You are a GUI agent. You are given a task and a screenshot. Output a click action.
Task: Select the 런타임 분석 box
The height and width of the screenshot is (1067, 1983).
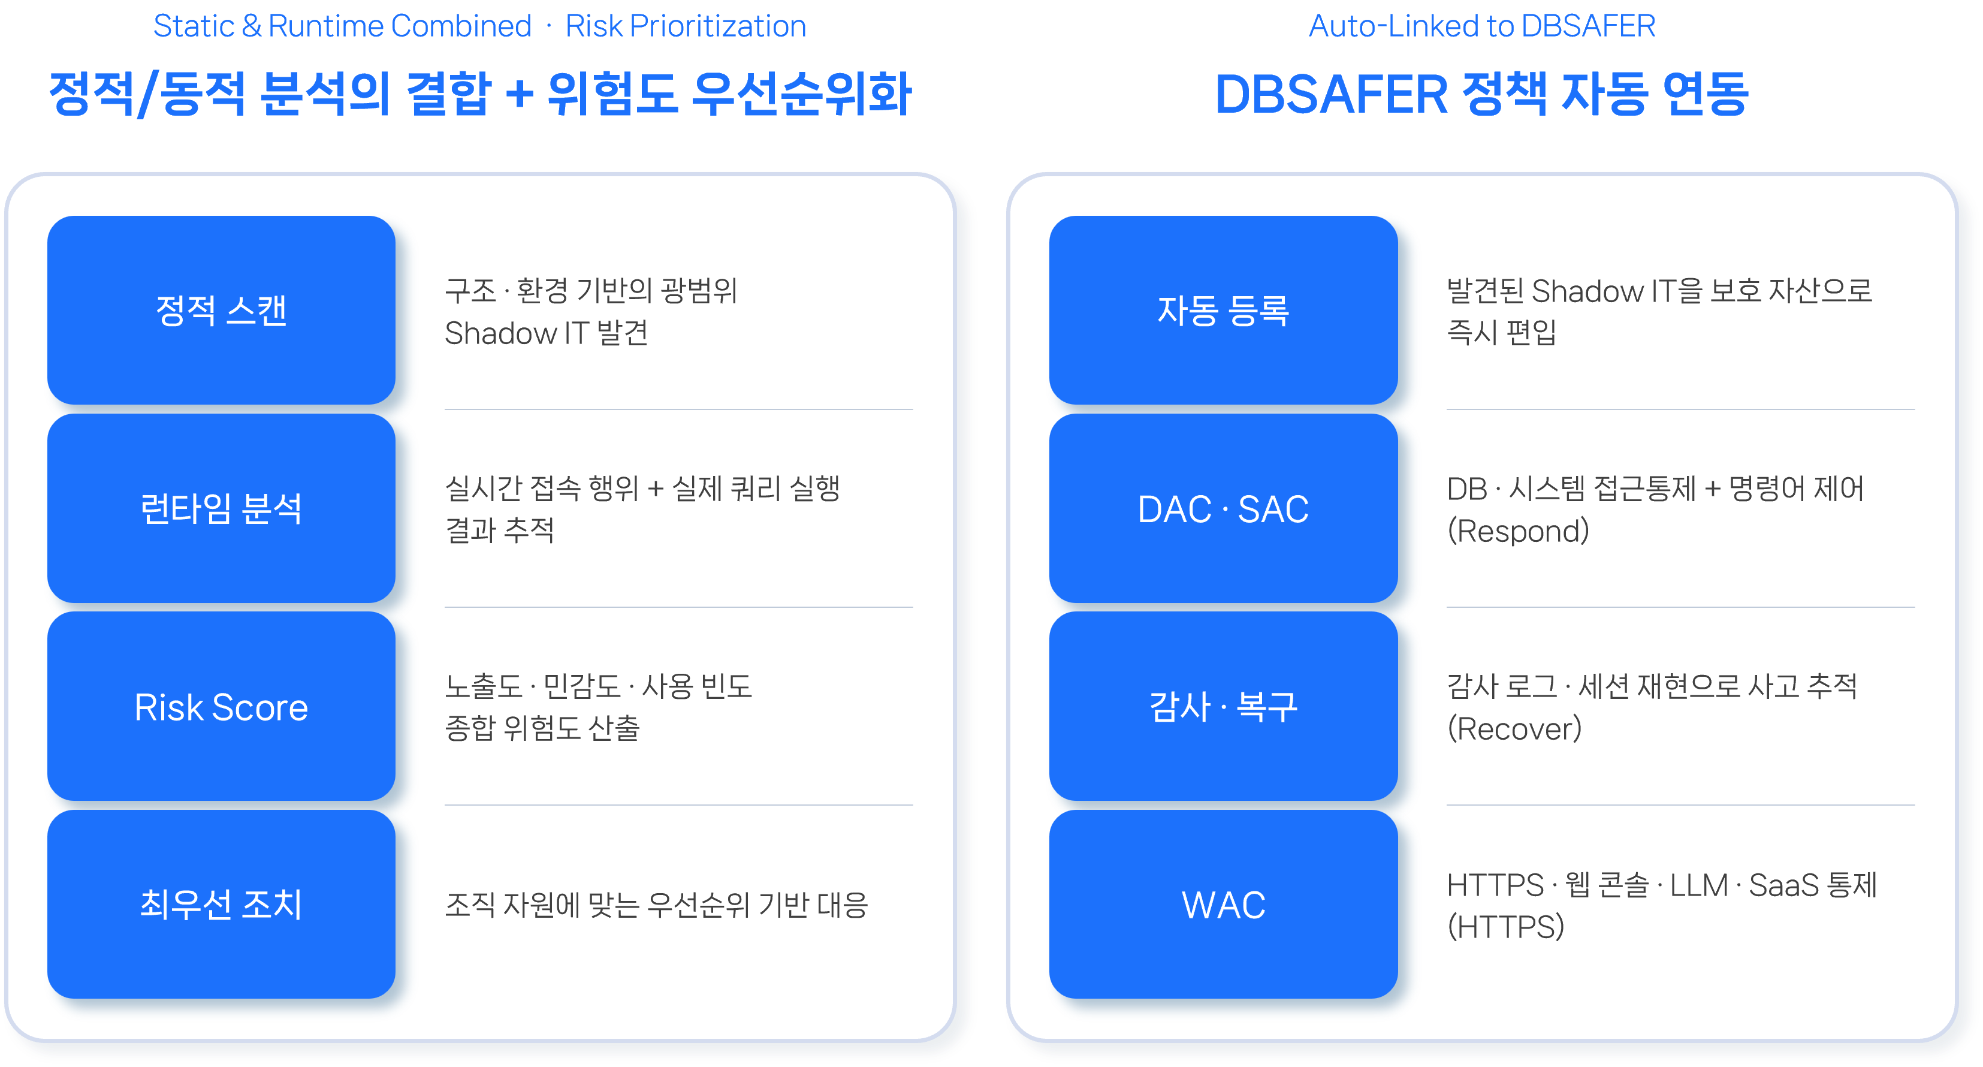tap(221, 508)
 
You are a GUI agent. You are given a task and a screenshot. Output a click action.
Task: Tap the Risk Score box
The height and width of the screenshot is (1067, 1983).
tap(221, 706)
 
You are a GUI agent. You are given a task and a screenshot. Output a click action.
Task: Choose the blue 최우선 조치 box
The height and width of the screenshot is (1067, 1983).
tap(221, 904)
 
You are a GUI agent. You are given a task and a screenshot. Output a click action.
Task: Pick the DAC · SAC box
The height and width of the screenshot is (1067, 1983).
tap(1223, 508)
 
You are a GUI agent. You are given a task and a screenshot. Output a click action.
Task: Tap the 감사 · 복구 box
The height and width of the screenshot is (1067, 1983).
tap(1223, 706)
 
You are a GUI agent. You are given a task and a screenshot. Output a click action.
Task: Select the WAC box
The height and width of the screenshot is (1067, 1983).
tap(1223, 904)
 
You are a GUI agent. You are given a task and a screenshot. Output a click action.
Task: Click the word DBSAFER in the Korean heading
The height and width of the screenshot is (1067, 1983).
tap(1331, 95)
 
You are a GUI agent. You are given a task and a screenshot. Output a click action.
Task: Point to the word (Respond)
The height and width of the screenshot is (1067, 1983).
tap(1518, 531)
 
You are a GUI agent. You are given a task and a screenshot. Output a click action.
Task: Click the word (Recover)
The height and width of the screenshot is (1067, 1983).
tap(1514, 729)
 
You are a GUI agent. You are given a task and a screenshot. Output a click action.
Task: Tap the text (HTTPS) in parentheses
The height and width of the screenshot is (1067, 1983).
tap(1506, 927)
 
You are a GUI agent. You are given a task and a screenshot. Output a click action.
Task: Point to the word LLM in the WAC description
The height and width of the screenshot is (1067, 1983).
tap(1699, 885)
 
